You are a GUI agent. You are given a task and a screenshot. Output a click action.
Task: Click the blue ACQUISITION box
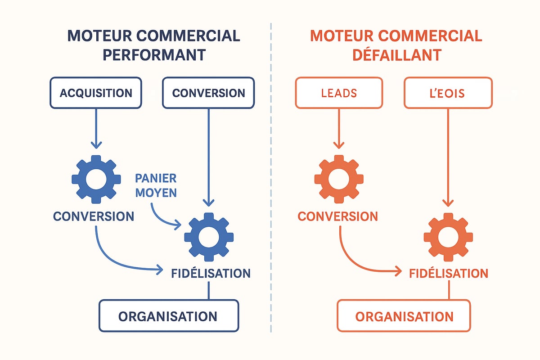pyautogui.click(x=96, y=93)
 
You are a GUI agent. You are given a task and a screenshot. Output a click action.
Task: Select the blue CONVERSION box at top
pyautogui.click(x=208, y=93)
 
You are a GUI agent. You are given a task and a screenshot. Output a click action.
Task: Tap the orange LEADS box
pyautogui.click(x=339, y=93)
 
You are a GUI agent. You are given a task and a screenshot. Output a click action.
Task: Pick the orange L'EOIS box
pyautogui.click(x=448, y=93)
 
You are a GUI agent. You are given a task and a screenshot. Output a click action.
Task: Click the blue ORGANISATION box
pyautogui.click(x=168, y=316)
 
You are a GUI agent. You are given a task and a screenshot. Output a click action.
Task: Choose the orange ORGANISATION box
pyautogui.click(x=404, y=316)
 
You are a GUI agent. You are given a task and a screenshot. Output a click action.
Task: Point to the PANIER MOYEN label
pyautogui.click(x=156, y=185)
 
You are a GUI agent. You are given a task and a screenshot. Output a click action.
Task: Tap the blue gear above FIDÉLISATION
pyautogui.click(x=209, y=237)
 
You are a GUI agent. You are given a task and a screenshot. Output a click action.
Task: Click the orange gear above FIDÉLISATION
pyautogui.click(x=448, y=237)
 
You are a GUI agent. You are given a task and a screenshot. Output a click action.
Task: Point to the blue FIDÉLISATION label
pyautogui.click(x=211, y=273)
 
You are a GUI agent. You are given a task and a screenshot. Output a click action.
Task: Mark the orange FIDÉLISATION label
pyautogui.click(x=449, y=273)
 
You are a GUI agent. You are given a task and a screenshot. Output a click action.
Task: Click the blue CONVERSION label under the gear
pyautogui.click(x=94, y=216)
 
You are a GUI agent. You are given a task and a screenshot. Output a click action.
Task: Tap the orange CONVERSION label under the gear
pyautogui.click(x=338, y=216)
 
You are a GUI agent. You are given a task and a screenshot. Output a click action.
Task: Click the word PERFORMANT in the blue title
pyautogui.click(x=154, y=54)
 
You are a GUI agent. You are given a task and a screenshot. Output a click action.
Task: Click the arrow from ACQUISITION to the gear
pyautogui.click(x=96, y=128)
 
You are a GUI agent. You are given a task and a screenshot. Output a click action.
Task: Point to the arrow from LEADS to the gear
pyautogui.click(x=339, y=128)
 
